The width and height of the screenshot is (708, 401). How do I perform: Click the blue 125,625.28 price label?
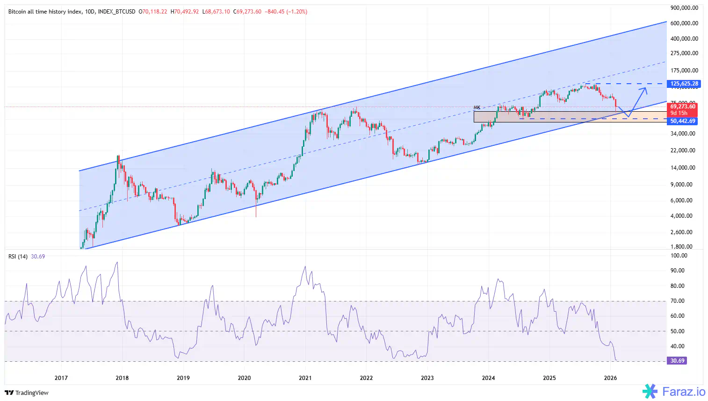pos(684,84)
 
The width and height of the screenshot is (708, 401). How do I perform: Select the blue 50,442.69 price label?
pos(683,121)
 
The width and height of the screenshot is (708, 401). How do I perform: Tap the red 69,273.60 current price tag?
pos(683,107)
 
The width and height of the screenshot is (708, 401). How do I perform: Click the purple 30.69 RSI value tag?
pos(677,361)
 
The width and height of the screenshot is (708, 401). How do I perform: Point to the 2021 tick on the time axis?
pos(305,378)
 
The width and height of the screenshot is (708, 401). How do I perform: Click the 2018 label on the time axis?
pos(122,378)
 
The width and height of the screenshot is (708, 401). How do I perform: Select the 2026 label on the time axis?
pos(610,378)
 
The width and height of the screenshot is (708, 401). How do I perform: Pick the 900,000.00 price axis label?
pos(684,8)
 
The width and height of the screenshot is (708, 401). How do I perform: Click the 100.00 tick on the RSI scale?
pos(679,256)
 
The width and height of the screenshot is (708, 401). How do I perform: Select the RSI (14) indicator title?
pos(18,257)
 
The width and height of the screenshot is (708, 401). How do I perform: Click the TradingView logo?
pos(27,393)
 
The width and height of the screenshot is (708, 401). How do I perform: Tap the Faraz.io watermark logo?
pos(674,391)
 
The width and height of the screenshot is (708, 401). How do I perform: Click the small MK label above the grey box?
pos(477,107)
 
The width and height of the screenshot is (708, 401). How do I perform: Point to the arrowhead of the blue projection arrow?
pos(646,89)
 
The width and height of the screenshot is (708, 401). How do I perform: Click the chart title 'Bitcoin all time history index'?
pos(45,12)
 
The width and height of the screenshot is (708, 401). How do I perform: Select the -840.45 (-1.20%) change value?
pos(286,12)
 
